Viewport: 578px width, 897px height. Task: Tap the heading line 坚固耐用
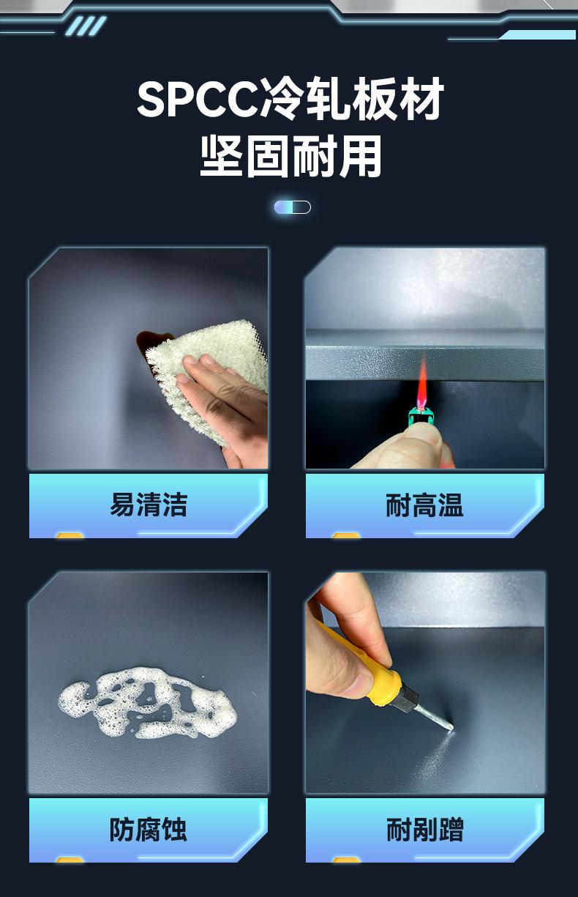(x=290, y=156)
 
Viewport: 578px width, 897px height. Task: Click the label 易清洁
(x=149, y=505)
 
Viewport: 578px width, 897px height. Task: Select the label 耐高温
(x=424, y=505)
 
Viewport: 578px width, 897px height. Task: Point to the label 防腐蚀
(x=149, y=830)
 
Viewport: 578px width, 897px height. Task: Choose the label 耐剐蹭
(x=424, y=830)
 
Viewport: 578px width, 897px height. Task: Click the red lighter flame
(x=421, y=381)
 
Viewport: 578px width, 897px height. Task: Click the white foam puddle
(x=148, y=703)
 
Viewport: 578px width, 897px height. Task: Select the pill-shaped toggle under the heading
(x=293, y=207)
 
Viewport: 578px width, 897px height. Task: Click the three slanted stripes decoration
(x=86, y=26)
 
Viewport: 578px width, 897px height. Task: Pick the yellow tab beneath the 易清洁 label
(x=70, y=535)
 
